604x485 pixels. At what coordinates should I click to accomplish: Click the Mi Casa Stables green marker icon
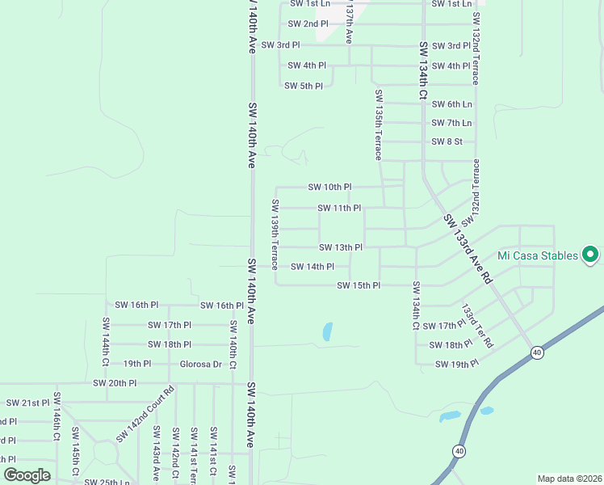click(x=589, y=255)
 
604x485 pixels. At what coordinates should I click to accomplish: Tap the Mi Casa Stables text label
click(x=538, y=255)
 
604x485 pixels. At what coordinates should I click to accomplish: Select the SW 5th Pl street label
click(x=304, y=86)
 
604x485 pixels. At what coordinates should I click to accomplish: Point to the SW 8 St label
click(x=447, y=141)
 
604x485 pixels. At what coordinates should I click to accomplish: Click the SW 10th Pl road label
click(x=329, y=187)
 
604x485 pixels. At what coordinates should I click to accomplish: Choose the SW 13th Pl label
click(x=340, y=247)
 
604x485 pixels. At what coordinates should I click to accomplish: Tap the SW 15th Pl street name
click(x=359, y=285)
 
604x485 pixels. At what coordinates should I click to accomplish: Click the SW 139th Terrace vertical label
click(x=275, y=234)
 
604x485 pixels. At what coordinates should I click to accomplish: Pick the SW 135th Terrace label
click(x=378, y=124)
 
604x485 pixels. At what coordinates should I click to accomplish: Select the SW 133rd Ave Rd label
click(x=468, y=247)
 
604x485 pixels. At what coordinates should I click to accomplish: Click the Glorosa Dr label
click(x=200, y=364)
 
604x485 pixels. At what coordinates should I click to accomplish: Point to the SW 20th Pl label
click(x=115, y=383)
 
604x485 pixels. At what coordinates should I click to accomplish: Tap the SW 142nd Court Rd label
click(x=145, y=415)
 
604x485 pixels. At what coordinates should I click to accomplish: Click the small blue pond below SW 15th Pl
click(x=327, y=331)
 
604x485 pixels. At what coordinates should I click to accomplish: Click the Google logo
click(x=27, y=474)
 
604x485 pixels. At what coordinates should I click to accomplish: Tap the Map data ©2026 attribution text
click(x=568, y=479)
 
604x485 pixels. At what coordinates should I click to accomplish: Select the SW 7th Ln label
click(x=451, y=123)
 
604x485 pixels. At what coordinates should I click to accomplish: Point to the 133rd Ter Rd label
click(x=476, y=326)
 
